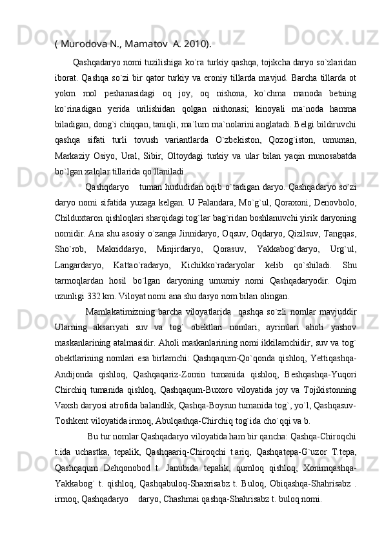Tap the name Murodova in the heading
pyautogui.click(x=84, y=44)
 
